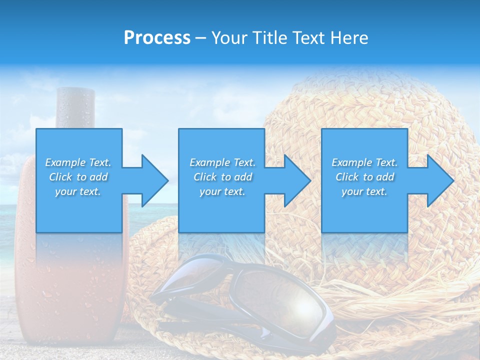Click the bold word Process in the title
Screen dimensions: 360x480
(157, 37)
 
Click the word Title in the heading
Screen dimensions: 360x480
(269, 37)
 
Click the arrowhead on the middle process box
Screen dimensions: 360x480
(296, 180)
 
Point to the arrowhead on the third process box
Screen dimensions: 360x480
(439, 180)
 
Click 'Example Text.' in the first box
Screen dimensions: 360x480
(78, 162)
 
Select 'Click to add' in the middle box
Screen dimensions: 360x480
(222, 177)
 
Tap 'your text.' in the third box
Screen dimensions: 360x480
(364, 191)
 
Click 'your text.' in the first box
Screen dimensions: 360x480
(78, 191)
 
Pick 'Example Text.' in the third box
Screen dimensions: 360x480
(364, 162)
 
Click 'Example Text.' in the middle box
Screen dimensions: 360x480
(222, 162)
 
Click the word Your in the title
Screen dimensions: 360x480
(229, 37)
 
